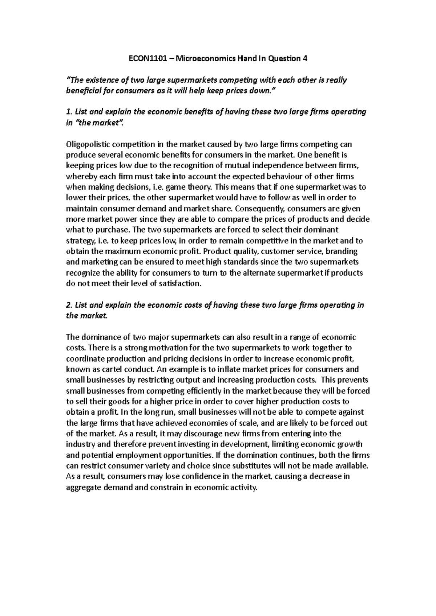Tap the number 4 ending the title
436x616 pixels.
[x=305, y=58]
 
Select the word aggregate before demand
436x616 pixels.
[x=83, y=487]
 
